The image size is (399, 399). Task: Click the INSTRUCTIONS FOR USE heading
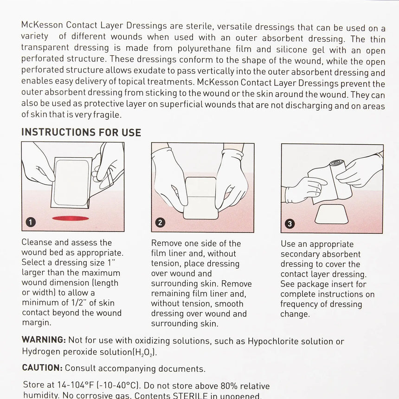click(81, 132)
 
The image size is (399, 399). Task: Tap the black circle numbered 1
click(31, 222)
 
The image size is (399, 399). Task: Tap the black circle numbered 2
click(160, 222)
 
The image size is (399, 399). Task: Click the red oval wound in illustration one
click(70, 218)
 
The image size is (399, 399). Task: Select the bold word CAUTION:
click(42, 368)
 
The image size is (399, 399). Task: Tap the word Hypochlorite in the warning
click(272, 341)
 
